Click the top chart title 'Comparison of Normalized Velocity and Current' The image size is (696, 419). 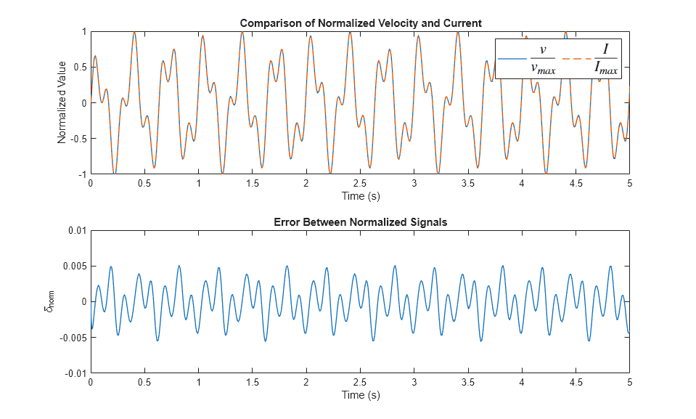pos(360,23)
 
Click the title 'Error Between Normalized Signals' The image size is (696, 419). pos(360,222)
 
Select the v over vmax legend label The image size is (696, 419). pos(542,59)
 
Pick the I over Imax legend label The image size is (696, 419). pos(605,59)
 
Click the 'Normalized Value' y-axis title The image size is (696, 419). pos(62,103)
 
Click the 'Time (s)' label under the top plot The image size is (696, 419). pos(360,196)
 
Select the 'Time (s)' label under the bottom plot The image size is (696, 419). pos(360,395)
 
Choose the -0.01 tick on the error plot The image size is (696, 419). pos(75,373)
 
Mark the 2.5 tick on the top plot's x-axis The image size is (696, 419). pos(360,184)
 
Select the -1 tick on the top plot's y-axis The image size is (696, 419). pos(82,175)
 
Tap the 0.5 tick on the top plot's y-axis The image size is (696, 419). pos(79,68)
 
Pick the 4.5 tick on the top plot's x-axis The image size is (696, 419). pos(576,184)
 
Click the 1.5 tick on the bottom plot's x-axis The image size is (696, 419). pos(252,383)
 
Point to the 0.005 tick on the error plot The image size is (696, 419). pos(74,266)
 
